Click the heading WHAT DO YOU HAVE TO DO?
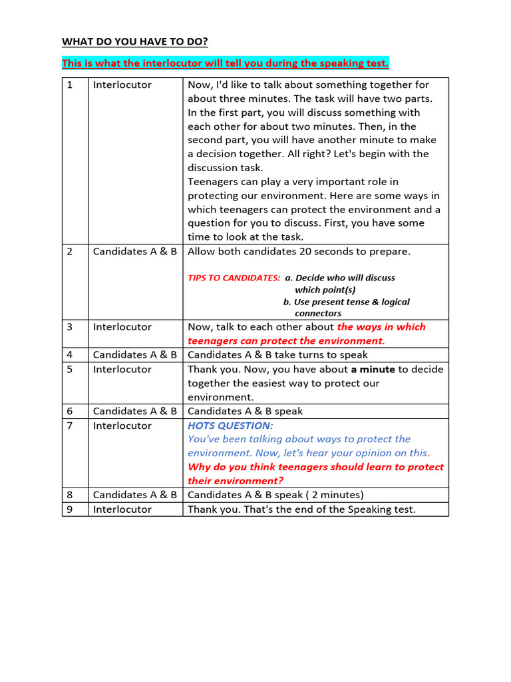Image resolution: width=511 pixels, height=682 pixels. (135, 42)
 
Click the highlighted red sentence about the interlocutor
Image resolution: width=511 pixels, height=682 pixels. (226, 63)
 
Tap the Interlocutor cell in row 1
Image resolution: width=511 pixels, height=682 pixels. (122, 85)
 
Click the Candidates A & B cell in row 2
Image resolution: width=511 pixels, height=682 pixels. (135, 252)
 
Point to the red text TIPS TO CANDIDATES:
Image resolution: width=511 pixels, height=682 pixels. (234, 278)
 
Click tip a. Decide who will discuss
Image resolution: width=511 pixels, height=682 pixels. (340, 278)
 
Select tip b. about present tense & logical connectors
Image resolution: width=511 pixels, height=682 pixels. (346, 302)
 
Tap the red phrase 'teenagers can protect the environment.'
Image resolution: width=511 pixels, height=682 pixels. (286, 341)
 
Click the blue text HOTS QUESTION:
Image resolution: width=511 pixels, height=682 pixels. (230, 426)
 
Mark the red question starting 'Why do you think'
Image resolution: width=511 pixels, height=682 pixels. (315, 474)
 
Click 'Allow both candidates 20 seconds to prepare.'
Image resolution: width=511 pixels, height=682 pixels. (299, 252)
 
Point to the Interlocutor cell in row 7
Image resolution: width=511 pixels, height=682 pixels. (122, 426)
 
